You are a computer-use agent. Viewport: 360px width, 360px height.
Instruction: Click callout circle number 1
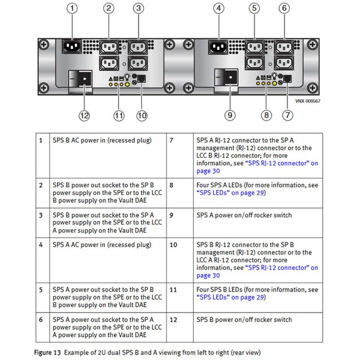click(x=73, y=8)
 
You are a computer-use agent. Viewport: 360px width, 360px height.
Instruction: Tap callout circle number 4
click(x=218, y=8)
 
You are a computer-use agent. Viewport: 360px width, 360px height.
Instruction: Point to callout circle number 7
click(x=289, y=114)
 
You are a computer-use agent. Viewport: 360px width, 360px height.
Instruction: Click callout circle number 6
click(x=284, y=8)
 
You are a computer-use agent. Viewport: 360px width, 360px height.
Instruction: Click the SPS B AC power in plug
click(x=73, y=46)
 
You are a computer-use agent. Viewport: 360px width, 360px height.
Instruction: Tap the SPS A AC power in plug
click(x=218, y=46)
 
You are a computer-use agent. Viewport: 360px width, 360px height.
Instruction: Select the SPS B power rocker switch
click(x=82, y=78)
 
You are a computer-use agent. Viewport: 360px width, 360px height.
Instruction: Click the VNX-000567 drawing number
click(x=307, y=101)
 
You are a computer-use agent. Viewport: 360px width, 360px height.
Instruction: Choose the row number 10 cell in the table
click(x=173, y=245)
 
